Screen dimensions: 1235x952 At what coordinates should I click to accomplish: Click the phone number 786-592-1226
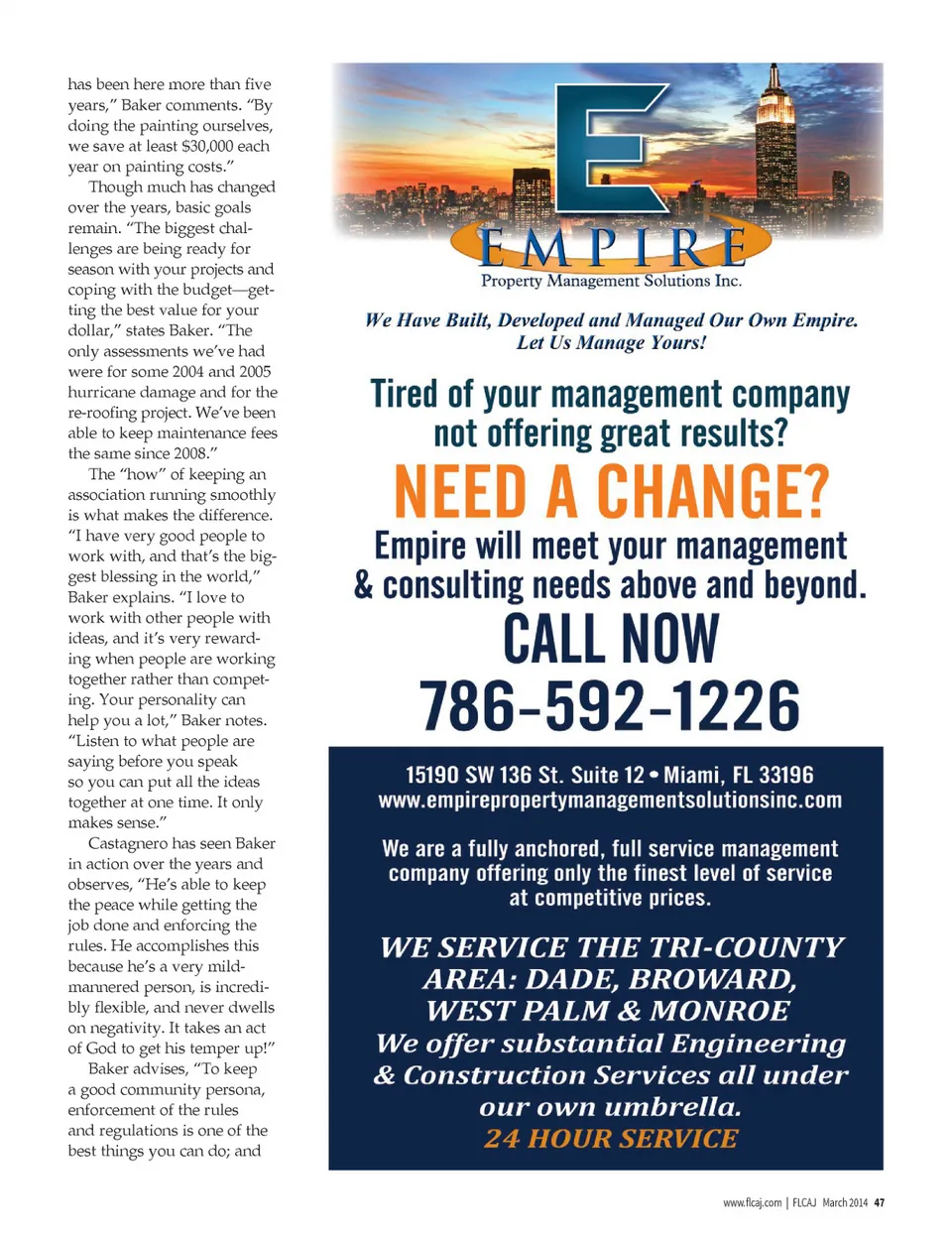(609, 705)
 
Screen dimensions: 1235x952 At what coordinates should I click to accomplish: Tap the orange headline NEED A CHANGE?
(611, 492)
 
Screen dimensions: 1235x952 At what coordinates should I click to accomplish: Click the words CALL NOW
(611, 639)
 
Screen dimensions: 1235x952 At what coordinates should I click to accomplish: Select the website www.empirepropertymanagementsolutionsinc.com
(610, 801)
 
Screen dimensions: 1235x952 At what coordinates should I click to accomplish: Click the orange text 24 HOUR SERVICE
(611, 1139)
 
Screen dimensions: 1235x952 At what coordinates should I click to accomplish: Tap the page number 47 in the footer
(879, 1202)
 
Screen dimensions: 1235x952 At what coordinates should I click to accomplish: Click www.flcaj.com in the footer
(752, 1202)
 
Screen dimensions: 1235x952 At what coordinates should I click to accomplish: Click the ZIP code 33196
(786, 775)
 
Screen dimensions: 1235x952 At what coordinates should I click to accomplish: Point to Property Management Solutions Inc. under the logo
(611, 281)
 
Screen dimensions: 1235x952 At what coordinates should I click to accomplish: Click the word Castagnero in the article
(132, 843)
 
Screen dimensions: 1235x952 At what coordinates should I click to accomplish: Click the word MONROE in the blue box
(720, 1011)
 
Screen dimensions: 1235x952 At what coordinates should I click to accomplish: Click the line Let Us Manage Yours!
(611, 343)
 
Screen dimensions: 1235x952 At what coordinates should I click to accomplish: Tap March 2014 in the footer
(844, 1202)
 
